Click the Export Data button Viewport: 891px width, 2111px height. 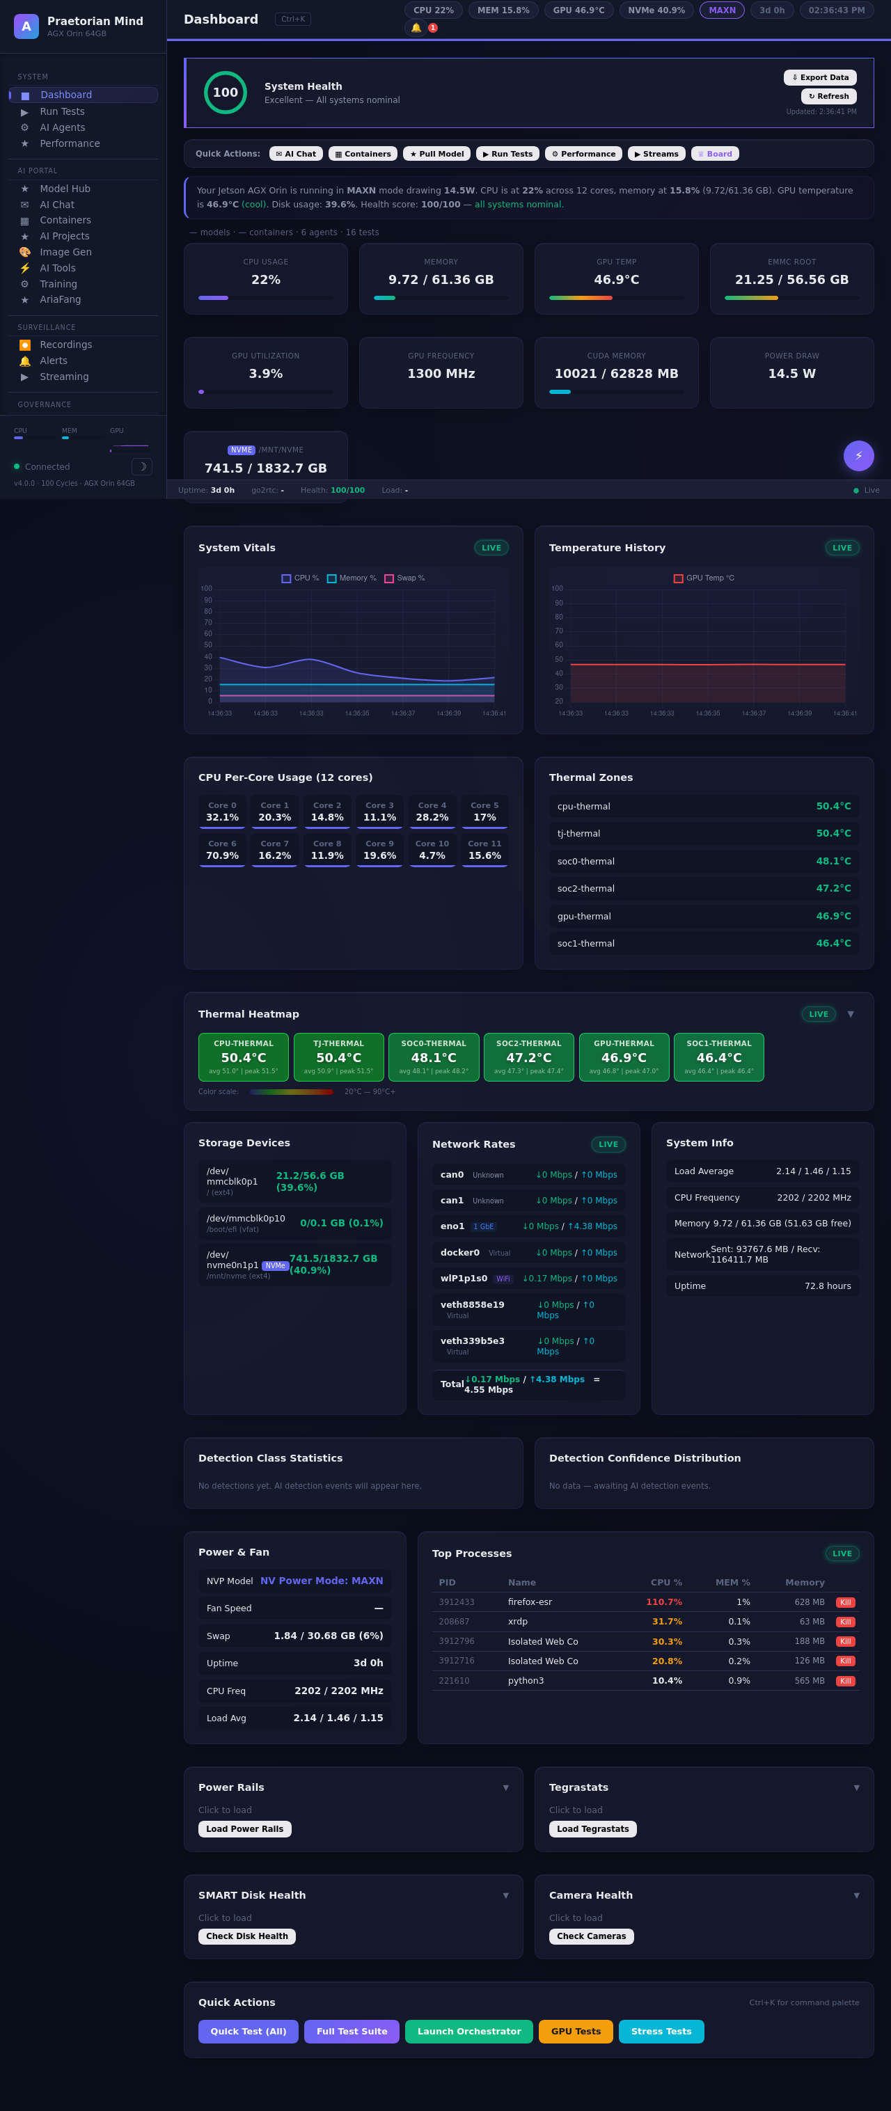[820, 77]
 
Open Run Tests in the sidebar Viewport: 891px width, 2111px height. [62, 111]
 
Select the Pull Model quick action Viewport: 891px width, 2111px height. [437, 153]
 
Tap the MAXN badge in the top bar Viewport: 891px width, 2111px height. [721, 10]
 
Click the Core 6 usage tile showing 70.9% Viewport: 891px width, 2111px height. [222, 850]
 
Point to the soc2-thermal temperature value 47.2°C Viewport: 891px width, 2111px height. [833, 888]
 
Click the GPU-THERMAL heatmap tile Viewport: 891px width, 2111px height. [624, 1057]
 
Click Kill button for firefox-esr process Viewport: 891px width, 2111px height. [845, 1602]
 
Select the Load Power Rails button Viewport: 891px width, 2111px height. [244, 1828]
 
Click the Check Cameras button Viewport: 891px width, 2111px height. [591, 1936]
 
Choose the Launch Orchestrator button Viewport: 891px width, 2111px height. [469, 2031]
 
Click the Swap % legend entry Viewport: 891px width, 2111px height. [405, 578]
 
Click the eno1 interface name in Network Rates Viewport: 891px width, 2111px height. [452, 1226]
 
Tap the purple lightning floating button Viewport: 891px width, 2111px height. [858, 456]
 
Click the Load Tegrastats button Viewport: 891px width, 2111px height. [592, 1828]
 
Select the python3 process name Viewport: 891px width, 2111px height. [526, 1680]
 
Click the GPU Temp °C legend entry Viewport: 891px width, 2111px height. [704, 578]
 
